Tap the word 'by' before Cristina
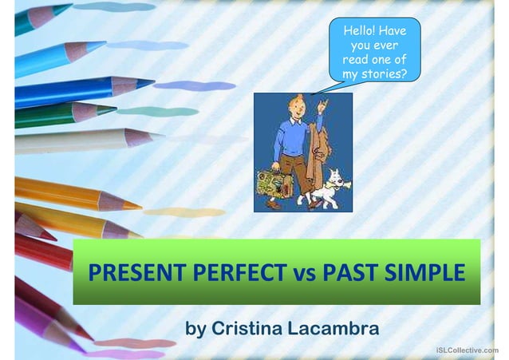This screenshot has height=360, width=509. pos(195,329)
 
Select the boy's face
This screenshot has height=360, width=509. pos(290,110)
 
